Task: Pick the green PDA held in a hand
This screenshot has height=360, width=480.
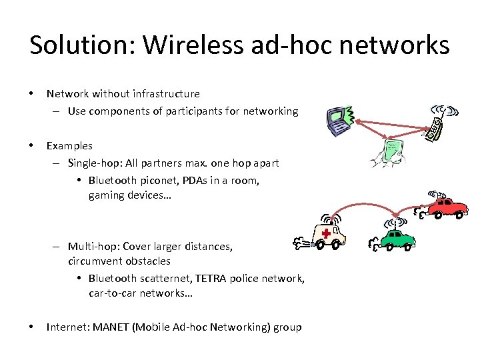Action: click(393, 153)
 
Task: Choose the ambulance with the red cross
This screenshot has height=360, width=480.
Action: click(328, 235)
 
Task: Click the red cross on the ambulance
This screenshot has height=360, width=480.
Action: click(327, 233)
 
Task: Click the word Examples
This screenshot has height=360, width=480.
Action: click(69, 145)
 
